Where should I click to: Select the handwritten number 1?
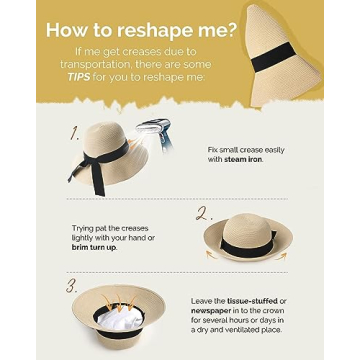[75, 133]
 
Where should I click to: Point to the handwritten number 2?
[204, 214]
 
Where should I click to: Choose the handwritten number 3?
[72, 286]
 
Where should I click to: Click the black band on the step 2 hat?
[247, 244]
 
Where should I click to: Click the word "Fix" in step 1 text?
[213, 150]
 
